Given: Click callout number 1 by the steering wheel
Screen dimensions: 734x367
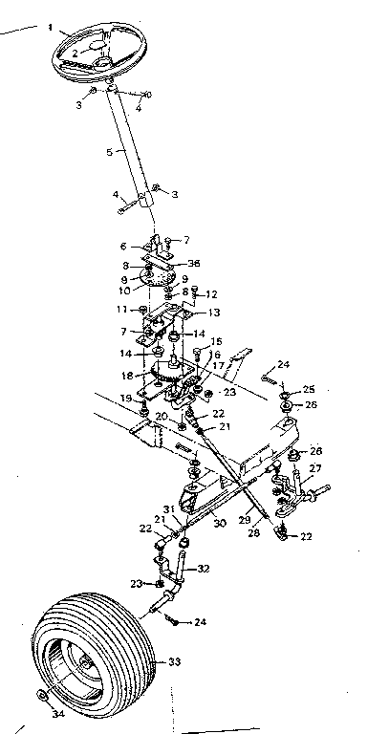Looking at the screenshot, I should (50, 28).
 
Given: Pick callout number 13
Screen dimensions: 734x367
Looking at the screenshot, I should (214, 313).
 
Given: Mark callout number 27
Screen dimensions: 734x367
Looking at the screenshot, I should (316, 467).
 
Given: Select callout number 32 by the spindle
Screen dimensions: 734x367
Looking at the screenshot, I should (205, 566).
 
